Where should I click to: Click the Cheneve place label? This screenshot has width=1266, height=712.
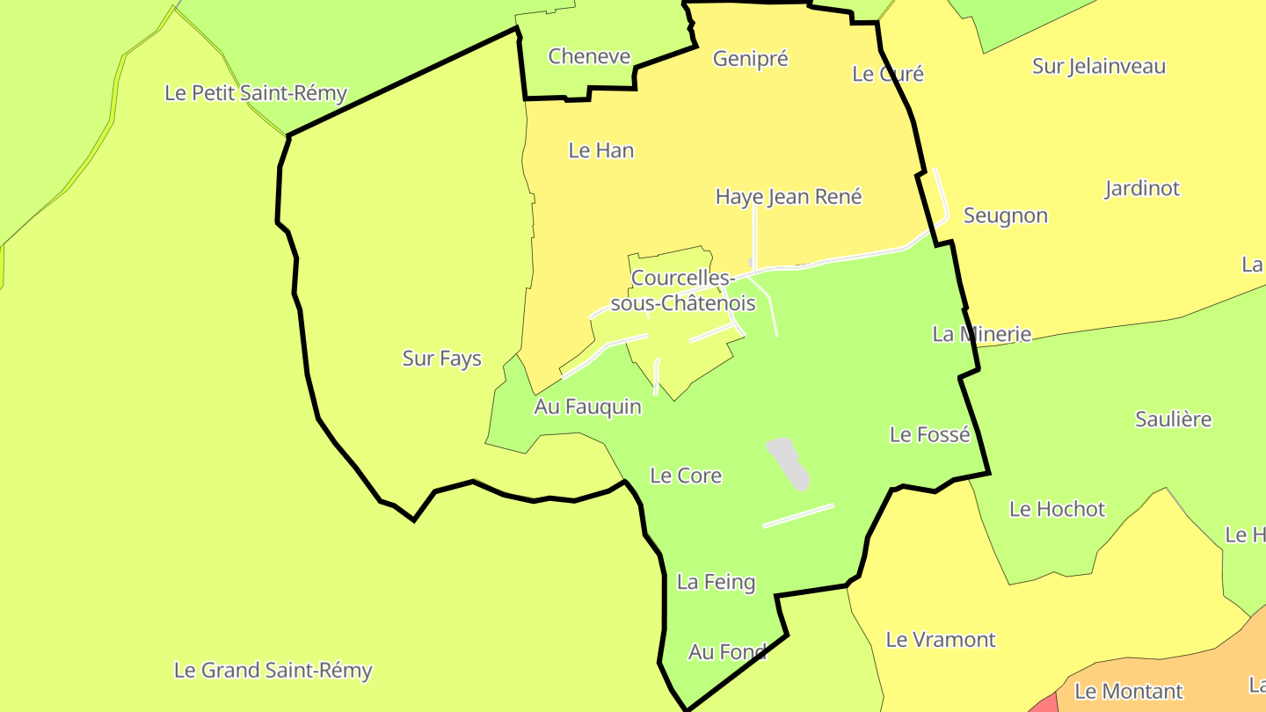(589, 56)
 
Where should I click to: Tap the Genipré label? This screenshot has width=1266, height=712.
(751, 59)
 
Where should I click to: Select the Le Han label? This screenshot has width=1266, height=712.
(601, 150)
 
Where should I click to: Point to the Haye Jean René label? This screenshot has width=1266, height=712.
(789, 197)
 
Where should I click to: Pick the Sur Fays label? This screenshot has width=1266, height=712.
(442, 359)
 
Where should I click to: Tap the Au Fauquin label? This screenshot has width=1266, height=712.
(587, 407)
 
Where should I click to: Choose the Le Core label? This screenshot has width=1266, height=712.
(686, 476)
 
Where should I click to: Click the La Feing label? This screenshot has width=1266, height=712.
(716, 582)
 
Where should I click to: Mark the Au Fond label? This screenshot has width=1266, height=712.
(727, 652)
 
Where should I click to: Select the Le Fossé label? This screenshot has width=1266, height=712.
(930, 434)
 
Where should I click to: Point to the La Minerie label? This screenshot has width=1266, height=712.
(981, 334)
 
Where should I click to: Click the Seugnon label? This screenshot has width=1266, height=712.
(1006, 215)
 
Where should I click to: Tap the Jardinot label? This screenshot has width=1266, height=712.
(1142, 188)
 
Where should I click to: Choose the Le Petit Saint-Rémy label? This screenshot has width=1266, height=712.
(256, 93)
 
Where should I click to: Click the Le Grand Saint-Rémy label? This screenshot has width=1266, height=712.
(273, 671)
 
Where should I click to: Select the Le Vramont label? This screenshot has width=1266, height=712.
(941, 640)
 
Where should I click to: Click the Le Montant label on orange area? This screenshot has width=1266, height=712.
(1129, 692)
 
